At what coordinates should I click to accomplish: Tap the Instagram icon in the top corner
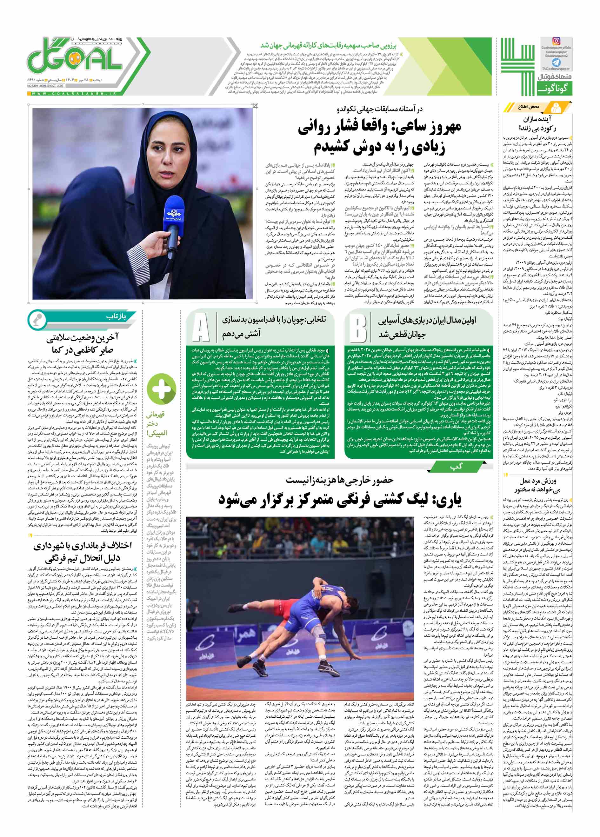(556, 41)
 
